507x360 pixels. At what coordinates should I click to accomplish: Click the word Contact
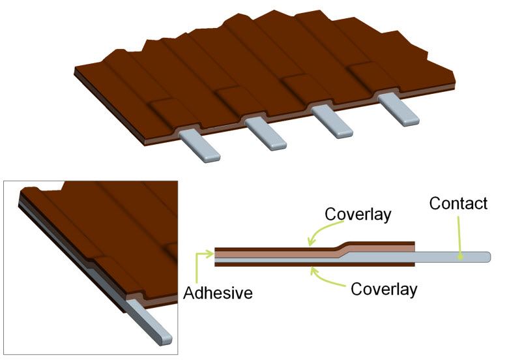[x=458, y=203]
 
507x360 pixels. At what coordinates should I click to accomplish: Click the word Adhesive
[x=218, y=293]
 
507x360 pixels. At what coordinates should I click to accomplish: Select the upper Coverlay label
[x=358, y=215]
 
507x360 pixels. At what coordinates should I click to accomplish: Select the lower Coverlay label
[x=384, y=289]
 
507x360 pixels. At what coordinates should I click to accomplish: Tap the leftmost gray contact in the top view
[x=200, y=145]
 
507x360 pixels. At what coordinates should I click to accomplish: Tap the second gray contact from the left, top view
[x=265, y=133]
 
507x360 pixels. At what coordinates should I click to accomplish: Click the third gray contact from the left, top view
[x=332, y=121]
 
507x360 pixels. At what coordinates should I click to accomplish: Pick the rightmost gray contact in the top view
[x=398, y=110]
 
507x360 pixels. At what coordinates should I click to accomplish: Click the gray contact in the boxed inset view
[x=149, y=322]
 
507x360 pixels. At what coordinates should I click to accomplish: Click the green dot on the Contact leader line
[x=460, y=258]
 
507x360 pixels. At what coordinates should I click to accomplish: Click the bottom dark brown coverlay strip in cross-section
[x=315, y=264]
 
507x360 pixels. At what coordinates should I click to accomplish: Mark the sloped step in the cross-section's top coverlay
[x=341, y=247]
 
